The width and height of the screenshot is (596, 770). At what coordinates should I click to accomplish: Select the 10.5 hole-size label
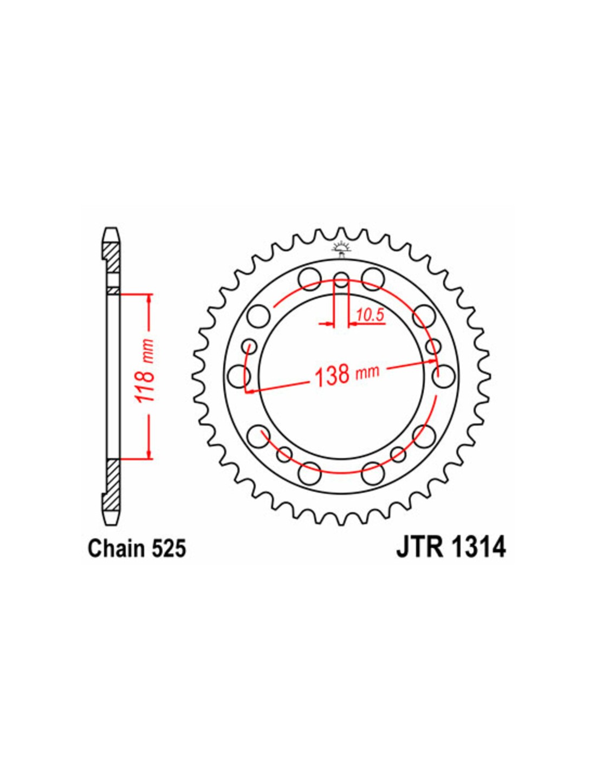(371, 315)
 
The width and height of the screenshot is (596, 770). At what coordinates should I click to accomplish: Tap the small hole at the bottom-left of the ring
(284, 455)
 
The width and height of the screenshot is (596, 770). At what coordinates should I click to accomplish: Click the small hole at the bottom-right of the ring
(398, 455)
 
